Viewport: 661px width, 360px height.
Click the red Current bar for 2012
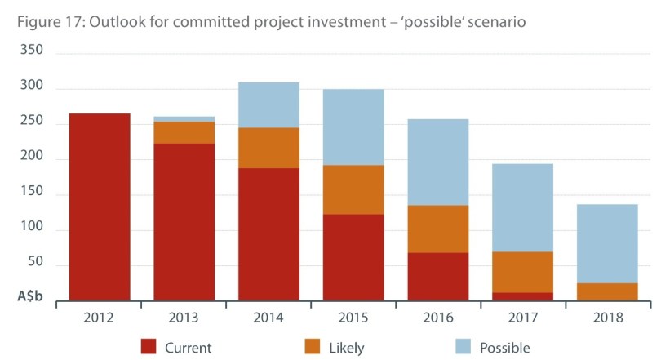tap(100, 207)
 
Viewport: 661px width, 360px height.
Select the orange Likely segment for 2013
tap(184, 132)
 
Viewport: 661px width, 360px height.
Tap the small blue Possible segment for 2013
tap(184, 119)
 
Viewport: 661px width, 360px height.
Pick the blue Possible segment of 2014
tap(268, 104)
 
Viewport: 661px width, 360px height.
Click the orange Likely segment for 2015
tap(353, 189)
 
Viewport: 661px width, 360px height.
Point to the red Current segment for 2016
tap(438, 276)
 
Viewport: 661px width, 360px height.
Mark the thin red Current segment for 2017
tap(522, 296)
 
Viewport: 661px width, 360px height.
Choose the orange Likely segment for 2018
tap(607, 291)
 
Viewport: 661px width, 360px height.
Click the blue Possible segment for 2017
tap(522, 207)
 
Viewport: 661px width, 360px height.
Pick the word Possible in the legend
tap(505, 348)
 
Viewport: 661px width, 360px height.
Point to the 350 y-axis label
tap(30, 51)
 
